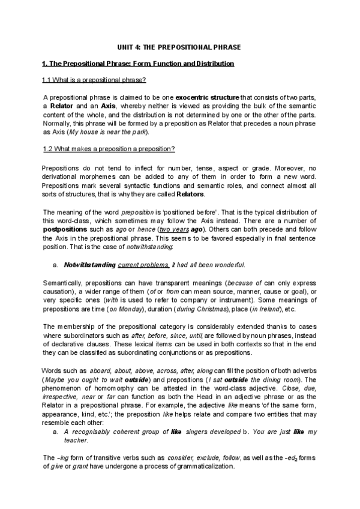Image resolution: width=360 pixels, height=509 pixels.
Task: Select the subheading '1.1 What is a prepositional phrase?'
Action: [94, 80]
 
